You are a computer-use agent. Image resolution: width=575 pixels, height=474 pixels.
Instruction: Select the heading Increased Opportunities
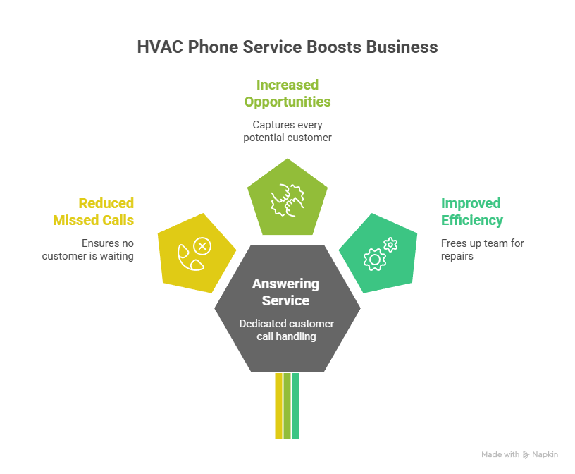[x=287, y=93]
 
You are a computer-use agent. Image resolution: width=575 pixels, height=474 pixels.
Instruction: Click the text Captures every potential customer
[x=287, y=131]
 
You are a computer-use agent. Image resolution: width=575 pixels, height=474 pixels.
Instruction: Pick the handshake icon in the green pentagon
[x=287, y=200]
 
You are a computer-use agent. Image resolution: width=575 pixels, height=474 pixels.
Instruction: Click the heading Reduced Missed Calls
[x=94, y=212]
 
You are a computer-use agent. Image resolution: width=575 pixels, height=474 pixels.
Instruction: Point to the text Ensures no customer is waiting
[x=88, y=250]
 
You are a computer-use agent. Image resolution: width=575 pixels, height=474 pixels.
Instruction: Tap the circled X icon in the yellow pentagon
[x=202, y=246]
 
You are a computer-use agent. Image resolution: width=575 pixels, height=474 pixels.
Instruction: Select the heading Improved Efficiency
[x=471, y=212]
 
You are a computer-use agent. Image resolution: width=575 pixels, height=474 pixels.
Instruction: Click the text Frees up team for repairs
[x=482, y=250]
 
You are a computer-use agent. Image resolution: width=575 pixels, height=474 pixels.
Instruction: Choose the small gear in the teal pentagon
[x=391, y=245]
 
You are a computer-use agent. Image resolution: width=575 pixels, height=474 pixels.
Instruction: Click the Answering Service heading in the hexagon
[x=286, y=292]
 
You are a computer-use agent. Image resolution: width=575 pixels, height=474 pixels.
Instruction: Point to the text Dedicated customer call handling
[x=286, y=330]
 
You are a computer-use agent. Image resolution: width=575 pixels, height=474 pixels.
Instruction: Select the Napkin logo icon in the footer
[x=526, y=455]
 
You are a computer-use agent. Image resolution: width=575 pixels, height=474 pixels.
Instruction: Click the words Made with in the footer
[x=500, y=455]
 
